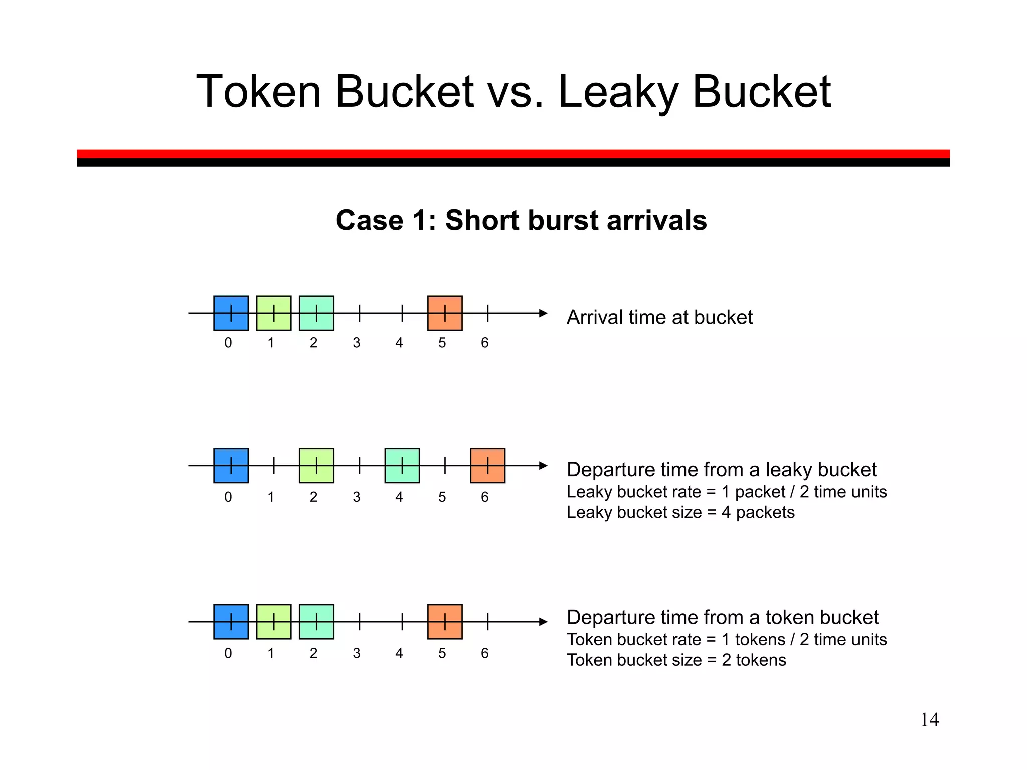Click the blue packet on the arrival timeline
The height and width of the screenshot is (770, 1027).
coord(231,313)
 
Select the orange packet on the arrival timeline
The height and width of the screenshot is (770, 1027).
coord(445,313)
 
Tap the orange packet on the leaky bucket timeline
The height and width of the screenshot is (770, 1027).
coord(487,466)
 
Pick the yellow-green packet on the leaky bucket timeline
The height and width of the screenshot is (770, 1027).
coord(316,466)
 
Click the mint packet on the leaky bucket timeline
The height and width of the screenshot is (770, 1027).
coord(402,466)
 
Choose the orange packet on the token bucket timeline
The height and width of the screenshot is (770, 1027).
coord(445,622)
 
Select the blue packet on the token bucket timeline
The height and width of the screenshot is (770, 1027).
coord(231,622)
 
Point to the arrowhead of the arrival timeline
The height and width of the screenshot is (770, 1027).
coord(543,313)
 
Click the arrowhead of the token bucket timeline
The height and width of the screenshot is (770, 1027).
coord(543,622)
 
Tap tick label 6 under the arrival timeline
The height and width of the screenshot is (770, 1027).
coord(484,343)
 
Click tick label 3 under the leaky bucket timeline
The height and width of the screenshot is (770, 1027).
coord(356,497)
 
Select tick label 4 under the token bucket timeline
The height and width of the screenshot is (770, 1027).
coord(399,653)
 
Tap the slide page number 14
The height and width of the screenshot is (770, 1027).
coord(929,720)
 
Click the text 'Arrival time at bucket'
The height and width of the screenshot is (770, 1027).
coord(659,317)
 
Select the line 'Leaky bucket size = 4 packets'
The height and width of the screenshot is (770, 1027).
coord(680,512)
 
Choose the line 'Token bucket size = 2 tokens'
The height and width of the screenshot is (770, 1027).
coord(676,660)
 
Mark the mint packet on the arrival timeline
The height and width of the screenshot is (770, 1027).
coord(316,313)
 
